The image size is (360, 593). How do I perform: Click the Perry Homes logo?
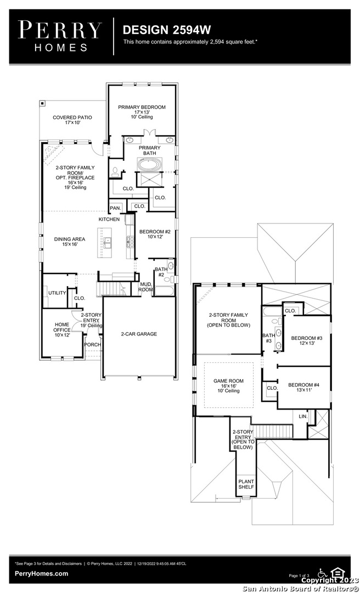pos(60,36)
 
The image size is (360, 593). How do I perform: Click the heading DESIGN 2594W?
pos(167,30)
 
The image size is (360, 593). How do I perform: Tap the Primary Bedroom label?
pos(142,112)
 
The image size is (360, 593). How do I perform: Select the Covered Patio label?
pos(72,120)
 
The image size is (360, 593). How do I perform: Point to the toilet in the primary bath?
pos(115,172)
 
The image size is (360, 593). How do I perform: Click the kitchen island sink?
pos(108,243)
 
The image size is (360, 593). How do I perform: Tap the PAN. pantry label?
pos(115,208)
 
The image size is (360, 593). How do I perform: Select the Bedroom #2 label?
pos(155,234)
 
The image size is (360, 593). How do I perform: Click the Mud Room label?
pos(146,287)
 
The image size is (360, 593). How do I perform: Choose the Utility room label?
pos(57,293)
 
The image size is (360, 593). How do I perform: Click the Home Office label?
pos(61,329)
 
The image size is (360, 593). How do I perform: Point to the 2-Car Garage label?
pos(139,334)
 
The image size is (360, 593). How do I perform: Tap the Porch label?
pos(92,344)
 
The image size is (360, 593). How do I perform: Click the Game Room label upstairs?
pos(228,386)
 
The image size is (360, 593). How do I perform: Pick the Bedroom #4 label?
pos(303,387)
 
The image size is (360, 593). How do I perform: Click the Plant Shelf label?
pos(246,484)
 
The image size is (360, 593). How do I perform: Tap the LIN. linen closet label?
pos(303,416)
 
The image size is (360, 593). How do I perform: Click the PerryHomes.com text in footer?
pos(42,573)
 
